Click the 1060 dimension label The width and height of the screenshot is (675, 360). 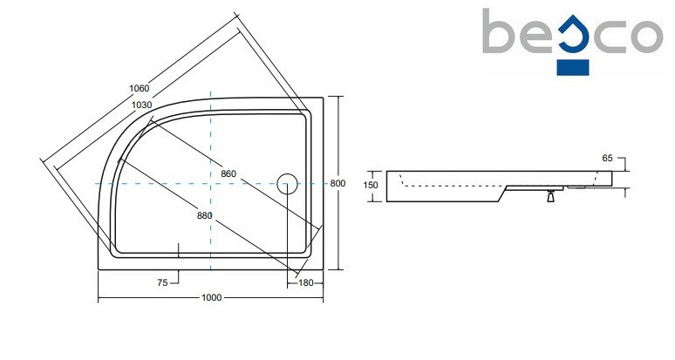(139, 88)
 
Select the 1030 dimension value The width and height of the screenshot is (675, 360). (143, 105)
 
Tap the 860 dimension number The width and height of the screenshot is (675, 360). (228, 174)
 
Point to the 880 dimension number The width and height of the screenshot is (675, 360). (204, 215)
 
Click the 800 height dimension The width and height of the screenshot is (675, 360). (339, 183)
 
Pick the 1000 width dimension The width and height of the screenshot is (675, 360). (209, 298)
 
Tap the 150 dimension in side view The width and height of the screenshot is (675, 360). (371, 185)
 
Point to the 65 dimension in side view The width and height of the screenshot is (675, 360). (608, 158)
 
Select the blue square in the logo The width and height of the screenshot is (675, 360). (572, 65)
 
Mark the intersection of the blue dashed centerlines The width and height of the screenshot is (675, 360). (211, 184)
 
